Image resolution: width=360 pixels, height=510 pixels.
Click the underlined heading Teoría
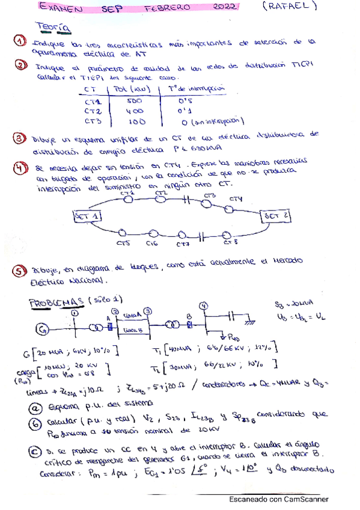click(52, 28)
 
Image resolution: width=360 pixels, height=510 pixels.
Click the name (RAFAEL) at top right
click(290, 8)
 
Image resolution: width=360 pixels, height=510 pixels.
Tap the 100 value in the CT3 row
click(135, 120)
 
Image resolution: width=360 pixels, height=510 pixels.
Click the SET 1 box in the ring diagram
click(87, 215)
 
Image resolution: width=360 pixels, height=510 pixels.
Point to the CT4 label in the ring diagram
click(236, 199)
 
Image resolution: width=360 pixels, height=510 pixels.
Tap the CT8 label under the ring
click(230, 243)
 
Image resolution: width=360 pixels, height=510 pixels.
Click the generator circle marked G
click(41, 329)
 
